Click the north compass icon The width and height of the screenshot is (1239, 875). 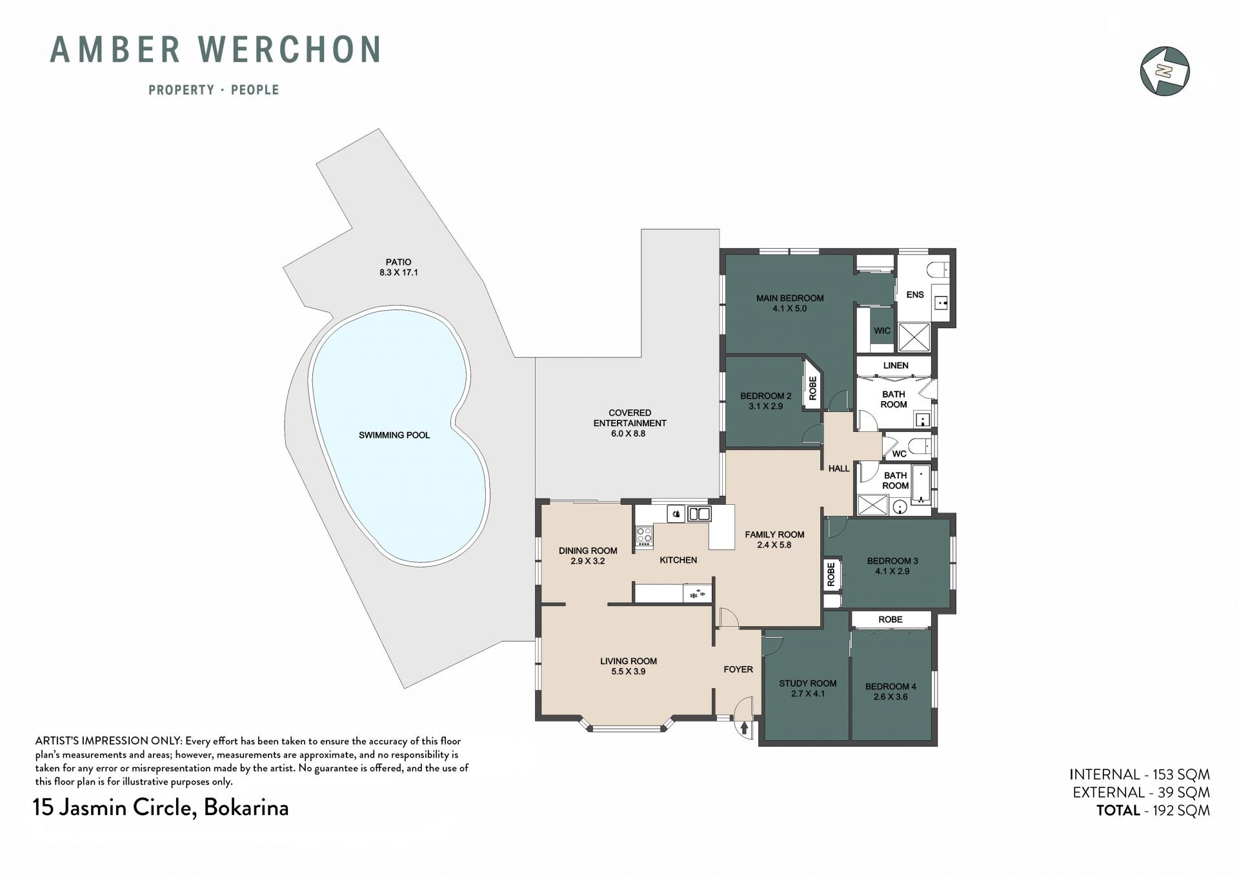coord(1165,71)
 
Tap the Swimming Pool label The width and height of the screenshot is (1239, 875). coord(394,435)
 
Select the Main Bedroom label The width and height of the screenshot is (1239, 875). coord(790,299)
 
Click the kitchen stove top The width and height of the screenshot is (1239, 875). coord(644,536)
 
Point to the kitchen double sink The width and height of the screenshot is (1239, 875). coord(699,514)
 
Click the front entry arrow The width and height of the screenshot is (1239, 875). coord(745,728)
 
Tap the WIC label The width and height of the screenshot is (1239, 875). coord(882,331)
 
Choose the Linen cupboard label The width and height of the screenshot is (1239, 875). coord(896,366)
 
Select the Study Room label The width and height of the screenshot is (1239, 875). coord(807,683)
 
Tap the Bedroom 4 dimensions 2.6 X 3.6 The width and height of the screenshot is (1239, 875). coord(891,697)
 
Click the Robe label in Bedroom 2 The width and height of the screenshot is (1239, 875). coord(812,388)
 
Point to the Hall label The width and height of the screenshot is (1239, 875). coord(839,469)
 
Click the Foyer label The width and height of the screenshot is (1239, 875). coord(738,669)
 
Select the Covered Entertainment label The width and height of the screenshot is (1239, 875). coord(630,418)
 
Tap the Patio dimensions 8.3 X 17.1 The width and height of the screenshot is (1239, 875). coord(399,273)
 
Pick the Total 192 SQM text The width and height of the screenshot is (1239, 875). coord(1153,811)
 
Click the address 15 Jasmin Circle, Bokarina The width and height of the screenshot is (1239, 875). coord(161,808)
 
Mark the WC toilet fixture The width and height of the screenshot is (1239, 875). coord(917,446)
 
